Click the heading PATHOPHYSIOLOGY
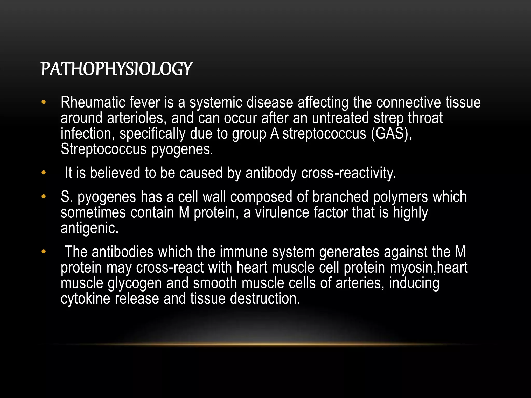coord(116,69)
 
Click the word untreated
coord(340,118)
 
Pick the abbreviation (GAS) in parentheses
coord(391,134)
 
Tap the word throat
coord(425,118)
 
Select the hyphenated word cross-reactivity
coord(348,173)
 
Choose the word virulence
coord(282,212)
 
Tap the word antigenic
coord(89,228)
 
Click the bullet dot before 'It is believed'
coord(43,173)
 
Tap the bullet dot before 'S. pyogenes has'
coord(43,197)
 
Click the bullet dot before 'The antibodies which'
coord(43,252)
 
